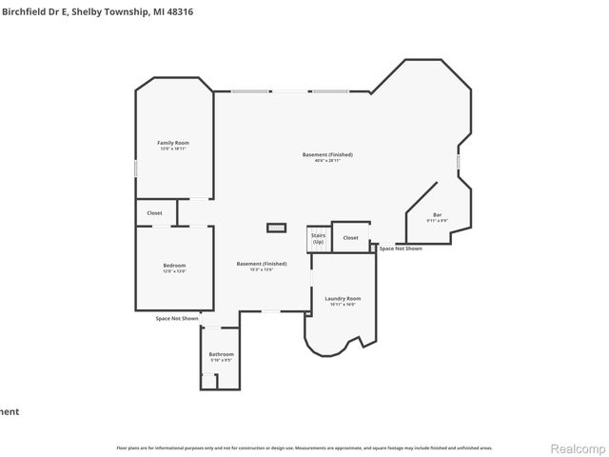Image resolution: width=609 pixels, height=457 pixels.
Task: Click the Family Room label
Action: pos(173,143)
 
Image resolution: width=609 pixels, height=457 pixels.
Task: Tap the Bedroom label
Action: pos(173,266)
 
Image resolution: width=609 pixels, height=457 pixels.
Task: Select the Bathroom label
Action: pos(221,354)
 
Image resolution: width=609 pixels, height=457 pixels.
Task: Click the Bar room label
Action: pos(437,214)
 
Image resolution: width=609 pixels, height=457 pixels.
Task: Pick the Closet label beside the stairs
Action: pos(350,237)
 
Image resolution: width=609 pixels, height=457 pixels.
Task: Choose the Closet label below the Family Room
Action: pos(154,213)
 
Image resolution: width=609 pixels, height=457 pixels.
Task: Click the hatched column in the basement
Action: pos(276,228)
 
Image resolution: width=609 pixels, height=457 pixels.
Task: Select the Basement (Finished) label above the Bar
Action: pos(321,154)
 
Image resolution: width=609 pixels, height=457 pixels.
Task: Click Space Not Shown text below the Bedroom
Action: pos(177,318)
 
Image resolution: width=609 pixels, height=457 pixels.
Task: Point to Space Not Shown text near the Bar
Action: pos(401,248)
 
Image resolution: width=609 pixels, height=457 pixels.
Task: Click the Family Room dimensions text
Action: pos(173,149)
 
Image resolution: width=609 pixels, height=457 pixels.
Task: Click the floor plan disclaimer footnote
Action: pos(304,447)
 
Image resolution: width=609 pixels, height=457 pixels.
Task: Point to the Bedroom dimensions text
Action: pos(173,271)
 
